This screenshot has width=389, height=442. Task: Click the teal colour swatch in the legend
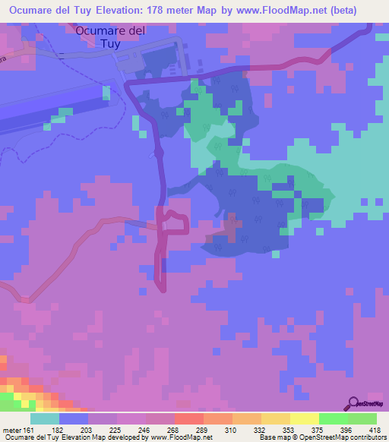click(44, 418)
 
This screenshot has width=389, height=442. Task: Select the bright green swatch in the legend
click(333, 418)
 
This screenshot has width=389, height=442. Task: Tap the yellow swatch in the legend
click(304, 418)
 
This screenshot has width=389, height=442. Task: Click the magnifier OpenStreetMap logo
click(353, 404)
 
